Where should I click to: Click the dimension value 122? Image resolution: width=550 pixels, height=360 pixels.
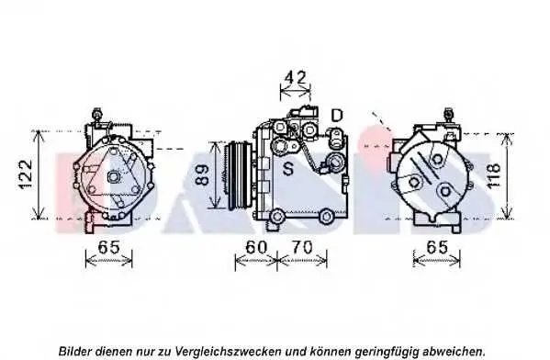tap(26, 174)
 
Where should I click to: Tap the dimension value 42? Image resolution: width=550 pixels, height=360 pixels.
tap(296, 78)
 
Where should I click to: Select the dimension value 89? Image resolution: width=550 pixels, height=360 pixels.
tap(202, 174)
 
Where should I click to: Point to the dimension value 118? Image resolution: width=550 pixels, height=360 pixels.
tap(493, 175)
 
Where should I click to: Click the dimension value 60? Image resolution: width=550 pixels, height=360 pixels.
tap(256, 247)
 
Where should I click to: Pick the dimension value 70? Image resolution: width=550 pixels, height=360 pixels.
tap(302, 247)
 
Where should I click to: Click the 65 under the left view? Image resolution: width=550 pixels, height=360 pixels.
tap(108, 247)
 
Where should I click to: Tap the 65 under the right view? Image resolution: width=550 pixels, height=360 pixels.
tap(437, 247)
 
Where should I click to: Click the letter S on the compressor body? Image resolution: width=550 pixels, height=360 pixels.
tap(288, 169)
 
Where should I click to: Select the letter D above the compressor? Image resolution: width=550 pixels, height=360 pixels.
tap(337, 115)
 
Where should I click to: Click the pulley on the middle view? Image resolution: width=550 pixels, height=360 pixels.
tap(240, 175)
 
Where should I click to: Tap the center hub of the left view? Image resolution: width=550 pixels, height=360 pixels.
tap(113, 176)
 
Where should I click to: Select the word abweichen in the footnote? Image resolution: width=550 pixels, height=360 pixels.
tap(455, 351)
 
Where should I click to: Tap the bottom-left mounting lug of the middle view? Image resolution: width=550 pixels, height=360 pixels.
tap(277, 216)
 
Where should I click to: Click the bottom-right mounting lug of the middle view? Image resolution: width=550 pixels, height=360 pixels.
tap(327, 217)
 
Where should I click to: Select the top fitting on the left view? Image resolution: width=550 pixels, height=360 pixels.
tap(96, 115)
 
